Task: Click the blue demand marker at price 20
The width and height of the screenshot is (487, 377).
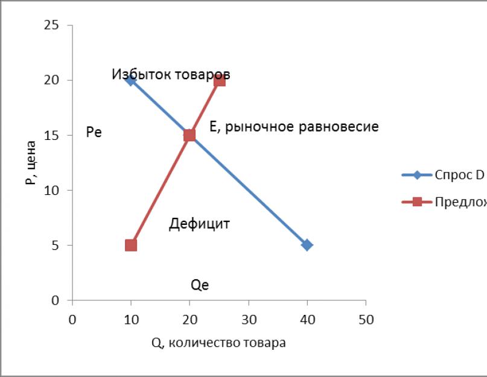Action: [130, 80]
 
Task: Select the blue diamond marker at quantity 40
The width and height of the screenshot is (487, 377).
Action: [307, 245]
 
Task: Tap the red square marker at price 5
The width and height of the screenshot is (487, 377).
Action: [131, 245]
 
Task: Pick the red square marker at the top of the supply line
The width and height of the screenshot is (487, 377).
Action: [219, 80]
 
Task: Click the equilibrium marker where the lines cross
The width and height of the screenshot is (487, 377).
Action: [189, 135]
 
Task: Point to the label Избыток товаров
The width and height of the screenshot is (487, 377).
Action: [171, 74]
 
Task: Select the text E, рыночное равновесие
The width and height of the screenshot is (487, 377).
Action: [294, 127]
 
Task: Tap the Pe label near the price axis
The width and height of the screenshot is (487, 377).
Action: [94, 133]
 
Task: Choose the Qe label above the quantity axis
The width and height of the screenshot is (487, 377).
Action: [200, 285]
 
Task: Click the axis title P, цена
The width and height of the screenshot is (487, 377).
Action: [32, 163]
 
